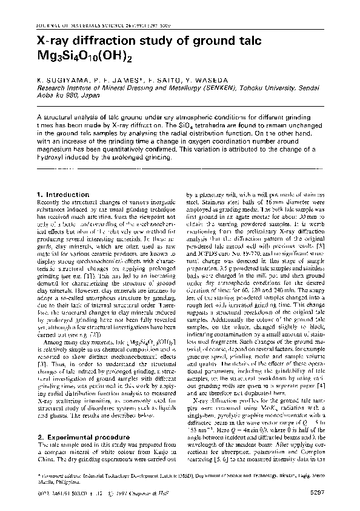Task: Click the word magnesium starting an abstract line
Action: click(56, 149)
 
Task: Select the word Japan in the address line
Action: click(96, 93)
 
